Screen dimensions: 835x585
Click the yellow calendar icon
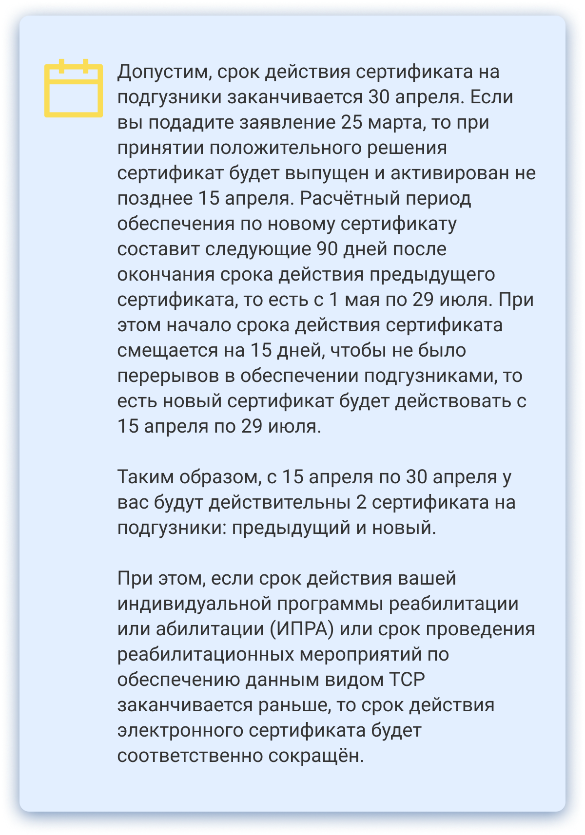click(x=74, y=89)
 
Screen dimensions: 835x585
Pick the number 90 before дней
click(x=327, y=249)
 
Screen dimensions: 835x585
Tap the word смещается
click(x=167, y=351)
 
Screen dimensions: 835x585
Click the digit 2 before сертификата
click(x=361, y=503)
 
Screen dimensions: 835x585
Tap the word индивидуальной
click(x=195, y=604)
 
